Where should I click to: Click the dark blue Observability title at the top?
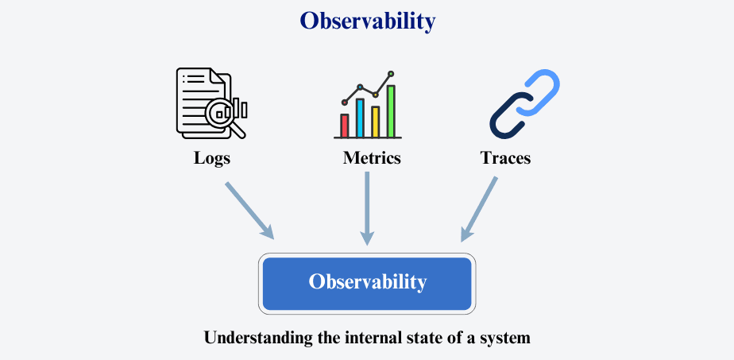pos(368,21)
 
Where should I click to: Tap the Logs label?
pos(212,158)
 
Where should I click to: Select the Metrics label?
pos(372,158)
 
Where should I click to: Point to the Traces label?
pos(505,158)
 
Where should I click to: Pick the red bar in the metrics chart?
pos(345,126)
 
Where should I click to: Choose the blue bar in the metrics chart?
pos(360,118)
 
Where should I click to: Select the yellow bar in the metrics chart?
pos(375,122)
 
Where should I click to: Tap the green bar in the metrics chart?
pos(390,111)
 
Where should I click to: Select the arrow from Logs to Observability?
pos(249,211)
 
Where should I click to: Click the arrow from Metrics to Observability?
pos(368,208)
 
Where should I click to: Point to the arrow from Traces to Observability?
pos(478,209)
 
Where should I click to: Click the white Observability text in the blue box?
pos(368,282)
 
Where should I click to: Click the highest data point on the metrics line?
pos(391,73)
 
